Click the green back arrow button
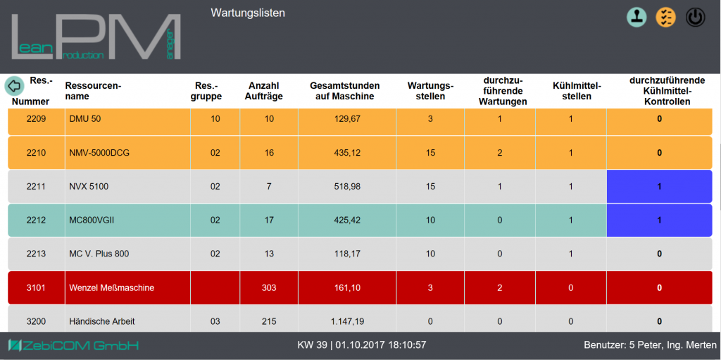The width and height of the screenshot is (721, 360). pos(14,86)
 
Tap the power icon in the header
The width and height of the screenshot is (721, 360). pos(695,17)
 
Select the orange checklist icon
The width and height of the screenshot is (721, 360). pos(665,17)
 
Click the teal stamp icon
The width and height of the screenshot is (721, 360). pos(637,17)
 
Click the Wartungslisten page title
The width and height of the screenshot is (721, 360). pos(248,13)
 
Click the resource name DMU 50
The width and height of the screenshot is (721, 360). pos(84,118)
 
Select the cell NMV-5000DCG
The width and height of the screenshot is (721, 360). pos(99,152)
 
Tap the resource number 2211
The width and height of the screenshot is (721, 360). pos(36,187)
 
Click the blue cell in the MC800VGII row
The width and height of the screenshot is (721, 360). pos(659,220)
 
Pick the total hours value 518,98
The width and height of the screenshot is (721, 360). pos(347,187)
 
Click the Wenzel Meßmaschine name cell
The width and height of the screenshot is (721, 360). pos(112,287)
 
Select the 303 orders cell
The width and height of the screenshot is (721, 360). pos(268,287)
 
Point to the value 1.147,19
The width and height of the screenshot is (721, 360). pos(347,321)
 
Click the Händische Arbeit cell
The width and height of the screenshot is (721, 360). pos(102,321)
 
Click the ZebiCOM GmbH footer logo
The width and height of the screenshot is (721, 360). pos(73,345)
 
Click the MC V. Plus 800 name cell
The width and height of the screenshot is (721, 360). pos(99,254)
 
